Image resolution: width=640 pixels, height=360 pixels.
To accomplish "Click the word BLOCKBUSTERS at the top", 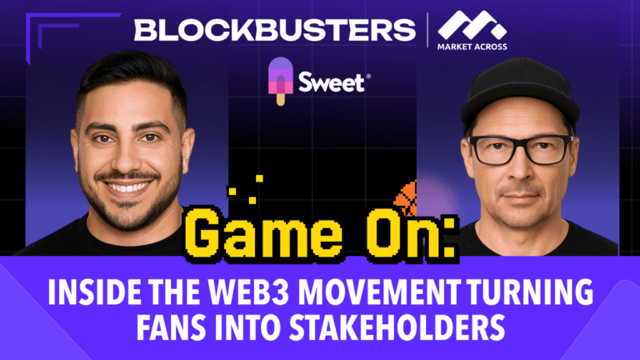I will pyautogui.click(x=274, y=31).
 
